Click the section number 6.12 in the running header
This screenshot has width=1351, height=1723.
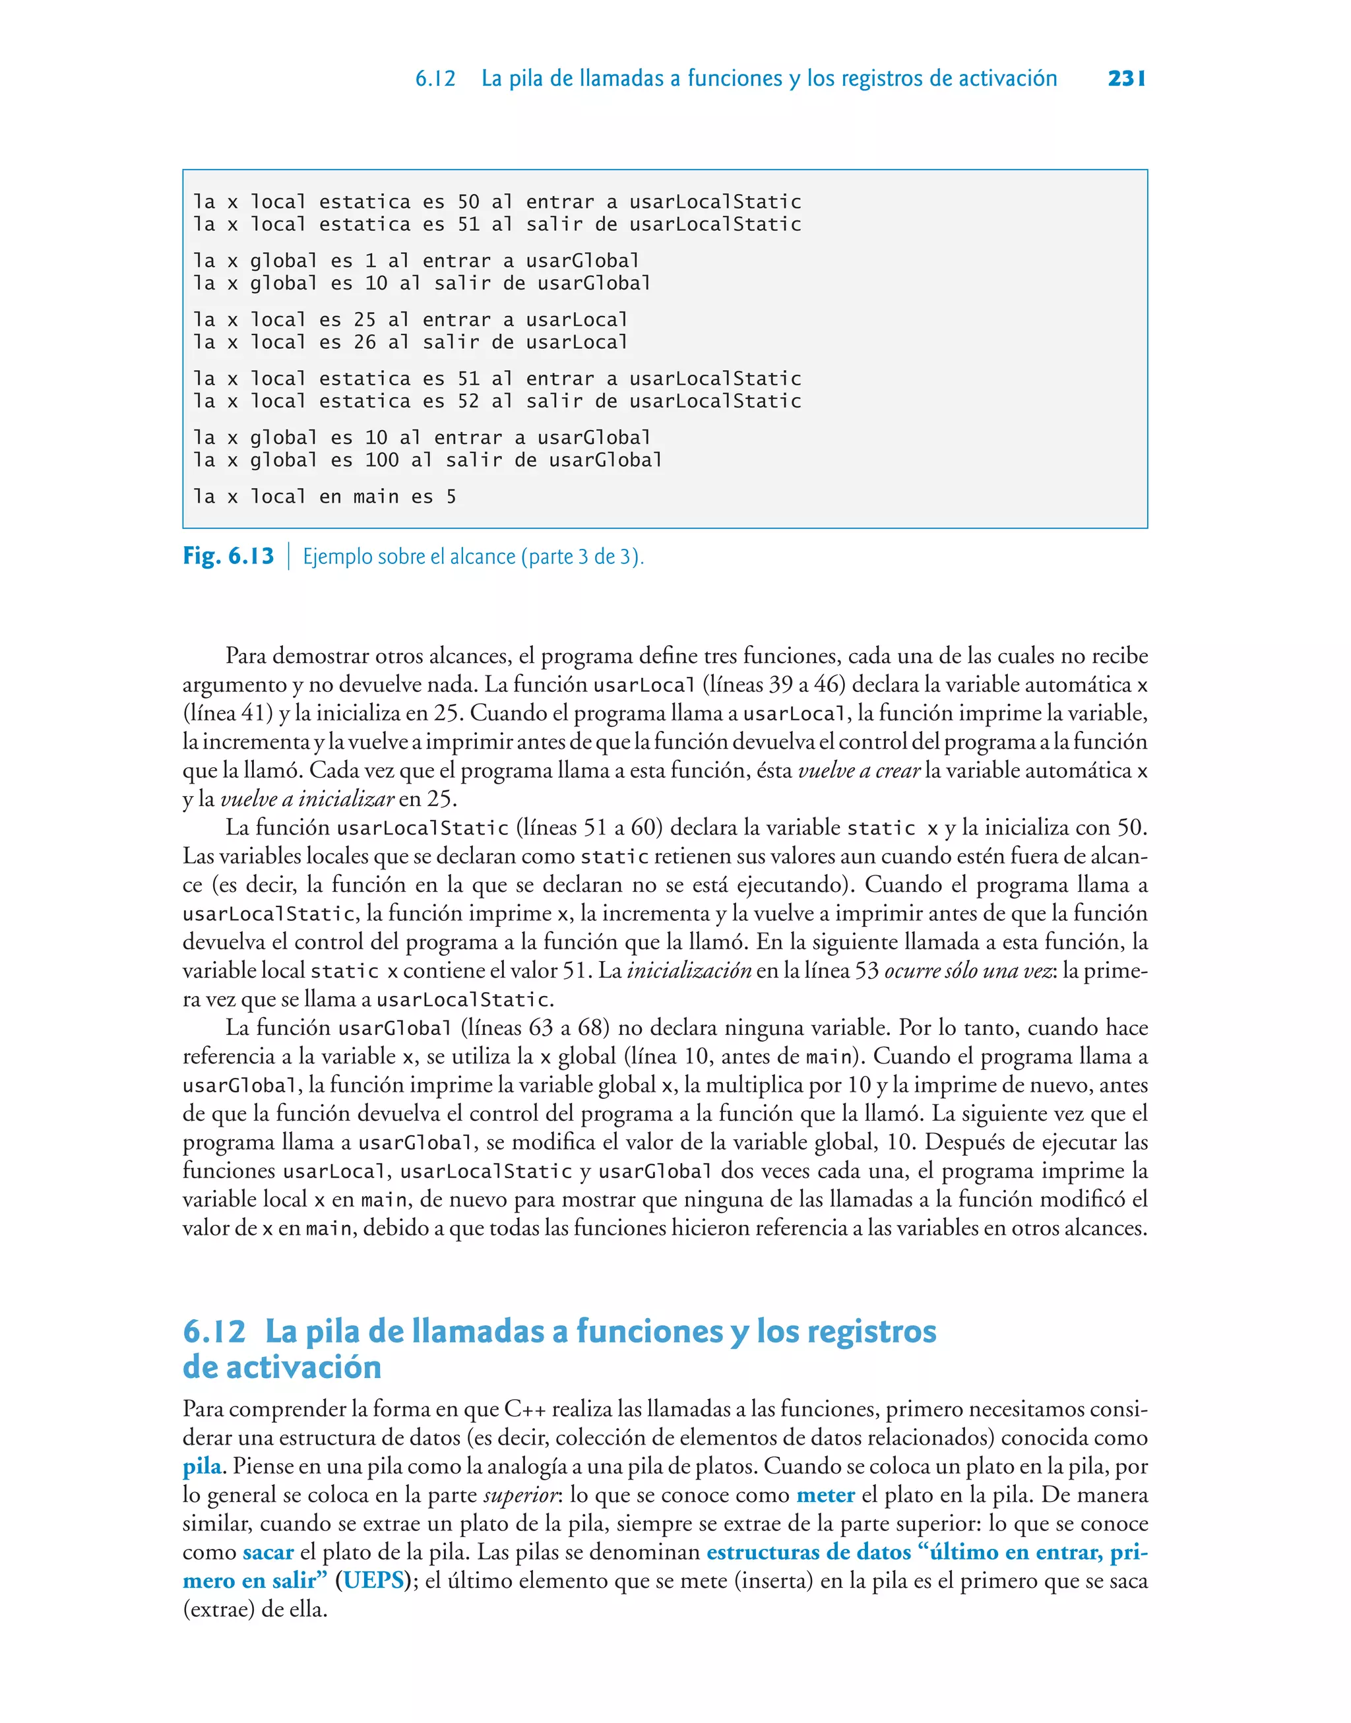click(435, 78)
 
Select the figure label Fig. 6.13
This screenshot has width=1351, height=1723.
click(228, 556)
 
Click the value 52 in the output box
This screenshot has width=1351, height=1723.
click(468, 401)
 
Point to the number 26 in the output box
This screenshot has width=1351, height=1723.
click(365, 342)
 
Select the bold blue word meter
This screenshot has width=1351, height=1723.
click(825, 1495)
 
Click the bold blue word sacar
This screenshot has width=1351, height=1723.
click(268, 1551)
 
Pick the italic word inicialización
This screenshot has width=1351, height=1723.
click(688, 970)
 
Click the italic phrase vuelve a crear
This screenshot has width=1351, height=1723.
click(858, 770)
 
